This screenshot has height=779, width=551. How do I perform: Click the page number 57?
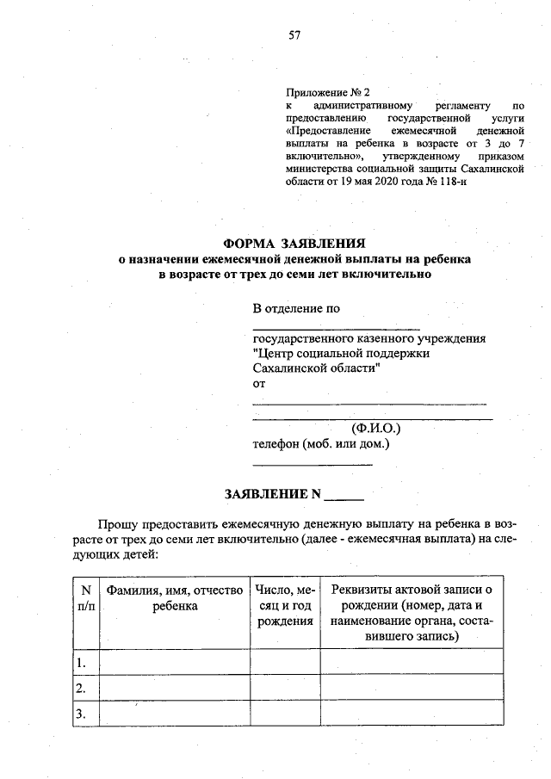pos(294,35)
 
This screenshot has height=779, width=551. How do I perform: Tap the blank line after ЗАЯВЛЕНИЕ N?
pos(348,498)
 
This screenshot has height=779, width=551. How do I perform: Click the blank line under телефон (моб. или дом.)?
pos(312,464)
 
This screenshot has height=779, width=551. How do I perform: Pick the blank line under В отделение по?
pos(336,327)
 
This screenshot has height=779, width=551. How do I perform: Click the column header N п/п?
pos(85,597)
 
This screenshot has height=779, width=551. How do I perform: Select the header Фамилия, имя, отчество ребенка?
pos(175,597)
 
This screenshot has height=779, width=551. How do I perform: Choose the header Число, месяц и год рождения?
pos(284,605)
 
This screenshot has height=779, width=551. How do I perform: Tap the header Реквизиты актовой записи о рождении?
pos(411,612)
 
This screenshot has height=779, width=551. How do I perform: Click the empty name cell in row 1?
pos(175,662)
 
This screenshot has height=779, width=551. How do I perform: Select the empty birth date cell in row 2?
pos(284,688)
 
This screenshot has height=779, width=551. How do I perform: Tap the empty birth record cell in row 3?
pos(411,714)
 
